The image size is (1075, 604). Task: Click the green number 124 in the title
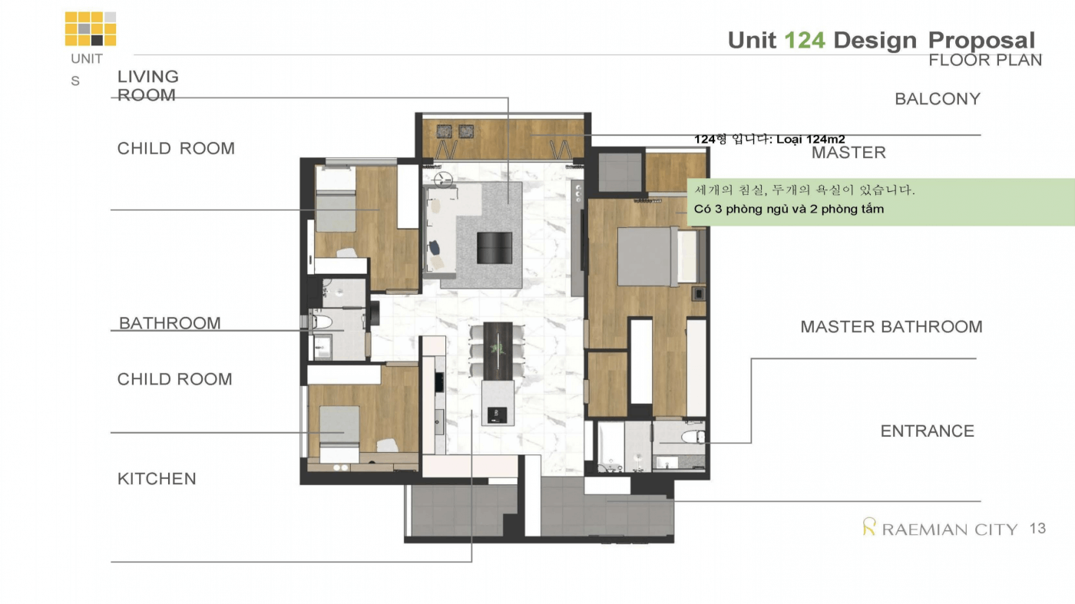(805, 41)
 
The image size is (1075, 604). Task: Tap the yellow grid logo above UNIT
(91, 29)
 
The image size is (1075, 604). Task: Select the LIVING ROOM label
(148, 86)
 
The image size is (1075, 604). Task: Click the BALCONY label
(938, 99)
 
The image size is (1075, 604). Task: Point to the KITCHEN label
(157, 478)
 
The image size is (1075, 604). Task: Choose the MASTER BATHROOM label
(891, 327)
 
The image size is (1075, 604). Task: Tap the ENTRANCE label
(928, 431)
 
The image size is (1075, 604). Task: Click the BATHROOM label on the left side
(170, 323)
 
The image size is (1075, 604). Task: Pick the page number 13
(1037, 528)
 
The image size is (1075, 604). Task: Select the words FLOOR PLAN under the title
(985, 60)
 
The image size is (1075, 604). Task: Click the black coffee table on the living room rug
(495, 248)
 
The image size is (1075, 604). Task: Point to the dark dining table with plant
(498, 351)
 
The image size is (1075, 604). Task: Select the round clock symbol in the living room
(442, 180)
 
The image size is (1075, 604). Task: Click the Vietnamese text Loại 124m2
(811, 139)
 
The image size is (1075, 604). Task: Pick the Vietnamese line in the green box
(789, 210)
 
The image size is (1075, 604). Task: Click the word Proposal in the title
(981, 41)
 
